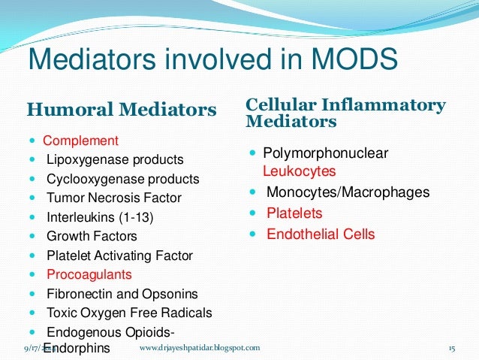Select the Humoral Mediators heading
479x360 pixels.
[x=122, y=110]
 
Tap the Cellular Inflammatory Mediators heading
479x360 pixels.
[x=345, y=113]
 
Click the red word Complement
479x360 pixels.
[x=80, y=141]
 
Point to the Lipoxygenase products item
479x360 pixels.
[x=115, y=160]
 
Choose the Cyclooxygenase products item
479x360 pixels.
[x=122, y=179]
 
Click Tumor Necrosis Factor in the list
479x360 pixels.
[x=114, y=198]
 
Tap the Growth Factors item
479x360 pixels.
[x=92, y=237]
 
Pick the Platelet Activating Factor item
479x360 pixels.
[x=120, y=256]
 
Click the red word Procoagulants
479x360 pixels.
[x=89, y=274]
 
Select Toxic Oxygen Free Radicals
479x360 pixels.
[x=129, y=313]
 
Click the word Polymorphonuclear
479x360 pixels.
[x=325, y=153]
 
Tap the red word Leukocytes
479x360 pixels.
[x=299, y=171]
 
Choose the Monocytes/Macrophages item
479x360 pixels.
[x=348, y=192]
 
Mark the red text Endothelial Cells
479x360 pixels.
[x=321, y=234]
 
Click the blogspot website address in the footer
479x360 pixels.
[x=200, y=348]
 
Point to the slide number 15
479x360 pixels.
[x=452, y=348]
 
